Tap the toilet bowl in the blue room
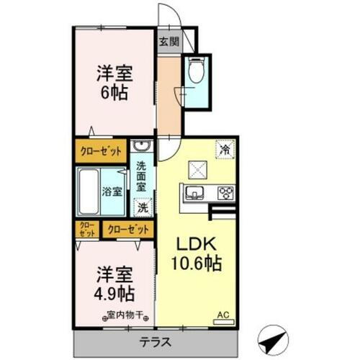[195, 71]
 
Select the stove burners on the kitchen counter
[225, 192]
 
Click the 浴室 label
[112, 192]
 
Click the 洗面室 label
[142, 175]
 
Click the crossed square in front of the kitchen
[197, 168]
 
